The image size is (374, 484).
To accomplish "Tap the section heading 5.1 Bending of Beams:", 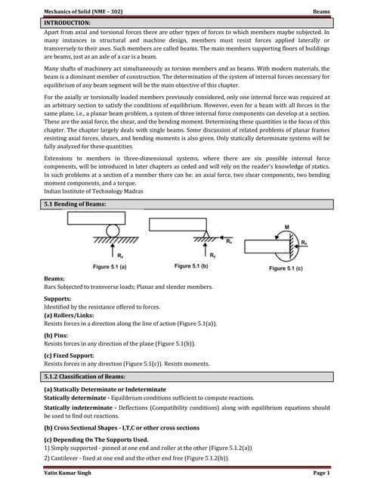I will pyautogui.click(x=75, y=204).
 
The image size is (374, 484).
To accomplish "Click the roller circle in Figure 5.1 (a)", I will pyautogui.click(x=113, y=230).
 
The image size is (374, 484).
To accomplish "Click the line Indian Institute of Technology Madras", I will pyautogui.click(x=92, y=191).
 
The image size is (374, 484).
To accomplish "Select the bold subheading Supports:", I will pyautogui.click(x=60, y=299).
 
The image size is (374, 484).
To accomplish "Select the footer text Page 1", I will pyautogui.click(x=320, y=472).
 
